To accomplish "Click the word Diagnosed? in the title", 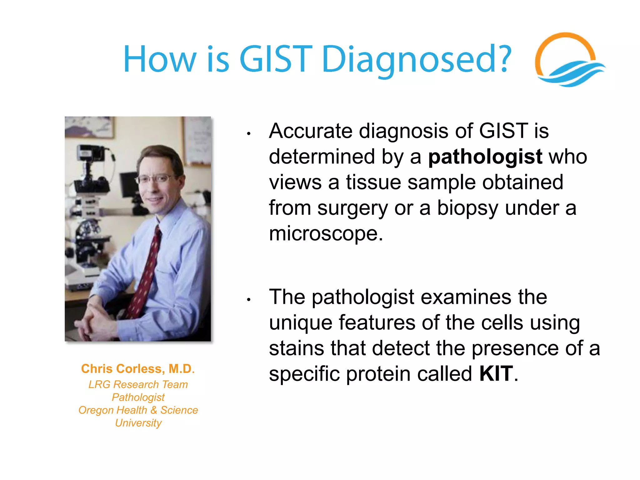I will (416, 59).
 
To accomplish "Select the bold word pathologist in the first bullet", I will (485, 157).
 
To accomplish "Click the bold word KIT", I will (496, 374).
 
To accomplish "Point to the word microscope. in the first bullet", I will (326, 234).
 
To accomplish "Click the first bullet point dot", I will (249, 134).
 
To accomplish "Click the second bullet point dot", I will (249, 300).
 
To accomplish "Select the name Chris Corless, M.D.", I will (138, 369).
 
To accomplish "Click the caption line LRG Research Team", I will (138, 384).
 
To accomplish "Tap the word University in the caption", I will (138, 423).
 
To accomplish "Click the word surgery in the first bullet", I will (352, 208).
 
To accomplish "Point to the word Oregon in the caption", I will (96, 410).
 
